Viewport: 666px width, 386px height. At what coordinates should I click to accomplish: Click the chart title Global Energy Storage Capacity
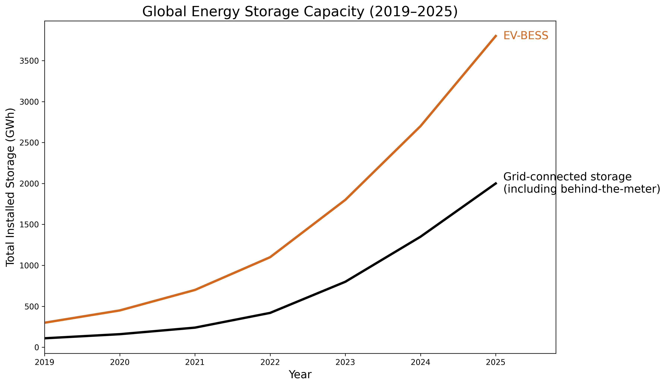pos(300,12)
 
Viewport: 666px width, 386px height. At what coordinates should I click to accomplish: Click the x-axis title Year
pos(300,375)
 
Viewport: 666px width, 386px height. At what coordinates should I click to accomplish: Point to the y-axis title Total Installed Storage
pos(11,187)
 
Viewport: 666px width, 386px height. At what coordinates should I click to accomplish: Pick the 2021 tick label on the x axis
pos(195,362)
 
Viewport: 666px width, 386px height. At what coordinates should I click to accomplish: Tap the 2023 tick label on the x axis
pos(345,362)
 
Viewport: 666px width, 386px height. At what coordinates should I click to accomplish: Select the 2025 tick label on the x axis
pos(495,362)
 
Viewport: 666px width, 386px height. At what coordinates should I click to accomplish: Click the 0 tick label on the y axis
pos(37,347)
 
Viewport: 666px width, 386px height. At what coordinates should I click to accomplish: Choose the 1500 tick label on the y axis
pos(29,225)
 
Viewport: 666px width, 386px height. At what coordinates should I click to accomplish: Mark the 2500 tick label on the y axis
pos(29,143)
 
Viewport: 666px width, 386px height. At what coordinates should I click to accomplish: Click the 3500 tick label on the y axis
pos(29,61)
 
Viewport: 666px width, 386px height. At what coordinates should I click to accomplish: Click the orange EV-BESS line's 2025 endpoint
pos(496,36)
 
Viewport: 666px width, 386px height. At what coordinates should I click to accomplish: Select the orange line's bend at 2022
pos(270,257)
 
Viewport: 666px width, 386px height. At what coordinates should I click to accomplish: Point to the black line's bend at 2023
pos(345,282)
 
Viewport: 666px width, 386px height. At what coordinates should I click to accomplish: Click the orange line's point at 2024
pos(420,126)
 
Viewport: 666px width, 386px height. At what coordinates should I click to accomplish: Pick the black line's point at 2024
pos(420,237)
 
